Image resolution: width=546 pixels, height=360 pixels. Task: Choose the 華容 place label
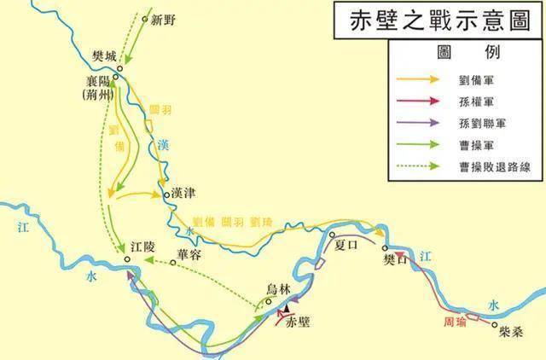[x=191, y=253]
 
